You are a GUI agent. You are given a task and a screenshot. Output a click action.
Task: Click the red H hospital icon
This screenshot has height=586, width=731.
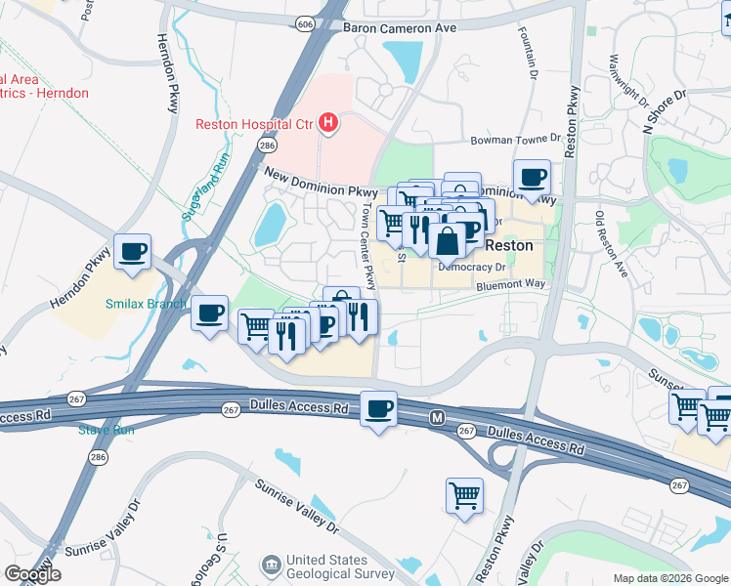pyautogui.click(x=329, y=123)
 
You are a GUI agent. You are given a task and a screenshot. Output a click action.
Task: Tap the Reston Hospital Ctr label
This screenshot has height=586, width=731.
pyautogui.click(x=253, y=123)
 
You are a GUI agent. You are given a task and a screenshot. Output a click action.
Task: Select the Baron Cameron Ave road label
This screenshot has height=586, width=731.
pyautogui.click(x=400, y=28)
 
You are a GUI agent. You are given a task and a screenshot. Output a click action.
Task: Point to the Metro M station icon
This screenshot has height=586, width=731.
pyautogui.click(x=439, y=417)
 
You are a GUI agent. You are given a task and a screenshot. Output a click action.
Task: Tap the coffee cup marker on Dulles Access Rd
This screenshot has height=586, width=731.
pyautogui.click(x=378, y=408)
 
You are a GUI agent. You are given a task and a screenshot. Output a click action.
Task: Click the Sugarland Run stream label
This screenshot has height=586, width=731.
pyautogui.click(x=205, y=186)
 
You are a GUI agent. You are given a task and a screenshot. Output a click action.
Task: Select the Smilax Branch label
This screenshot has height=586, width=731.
pyautogui.click(x=146, y=303)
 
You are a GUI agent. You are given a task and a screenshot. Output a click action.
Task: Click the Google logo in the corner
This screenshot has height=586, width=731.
pyautogui.click(x=32, y=574)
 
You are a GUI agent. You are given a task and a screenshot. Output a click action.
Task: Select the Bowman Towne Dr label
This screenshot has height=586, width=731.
pyautogui.click(x=518, y=140)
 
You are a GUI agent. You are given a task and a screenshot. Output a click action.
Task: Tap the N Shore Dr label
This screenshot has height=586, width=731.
pyautogui.click(x=665, y=110)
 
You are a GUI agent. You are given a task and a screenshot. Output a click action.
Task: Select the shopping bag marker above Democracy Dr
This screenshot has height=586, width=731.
pyautogui.click(x=447, y=239)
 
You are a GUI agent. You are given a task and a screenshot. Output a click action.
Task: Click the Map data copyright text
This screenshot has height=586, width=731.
pyautogui.click(x=670, y=578)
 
